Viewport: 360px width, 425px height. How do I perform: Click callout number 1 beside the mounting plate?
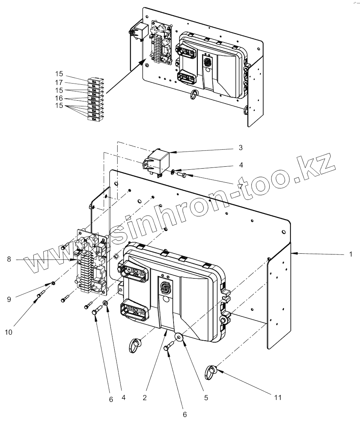(x=351, y=254)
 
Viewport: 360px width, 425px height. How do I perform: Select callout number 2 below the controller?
(x=145, y=398)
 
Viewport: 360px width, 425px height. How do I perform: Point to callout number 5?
(x=206, y=398)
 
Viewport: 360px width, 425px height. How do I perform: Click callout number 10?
(x=8, y=332)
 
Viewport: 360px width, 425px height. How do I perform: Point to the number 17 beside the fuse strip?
(x=58, y=82)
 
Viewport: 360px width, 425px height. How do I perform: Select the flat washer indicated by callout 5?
(x=178, y=336)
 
